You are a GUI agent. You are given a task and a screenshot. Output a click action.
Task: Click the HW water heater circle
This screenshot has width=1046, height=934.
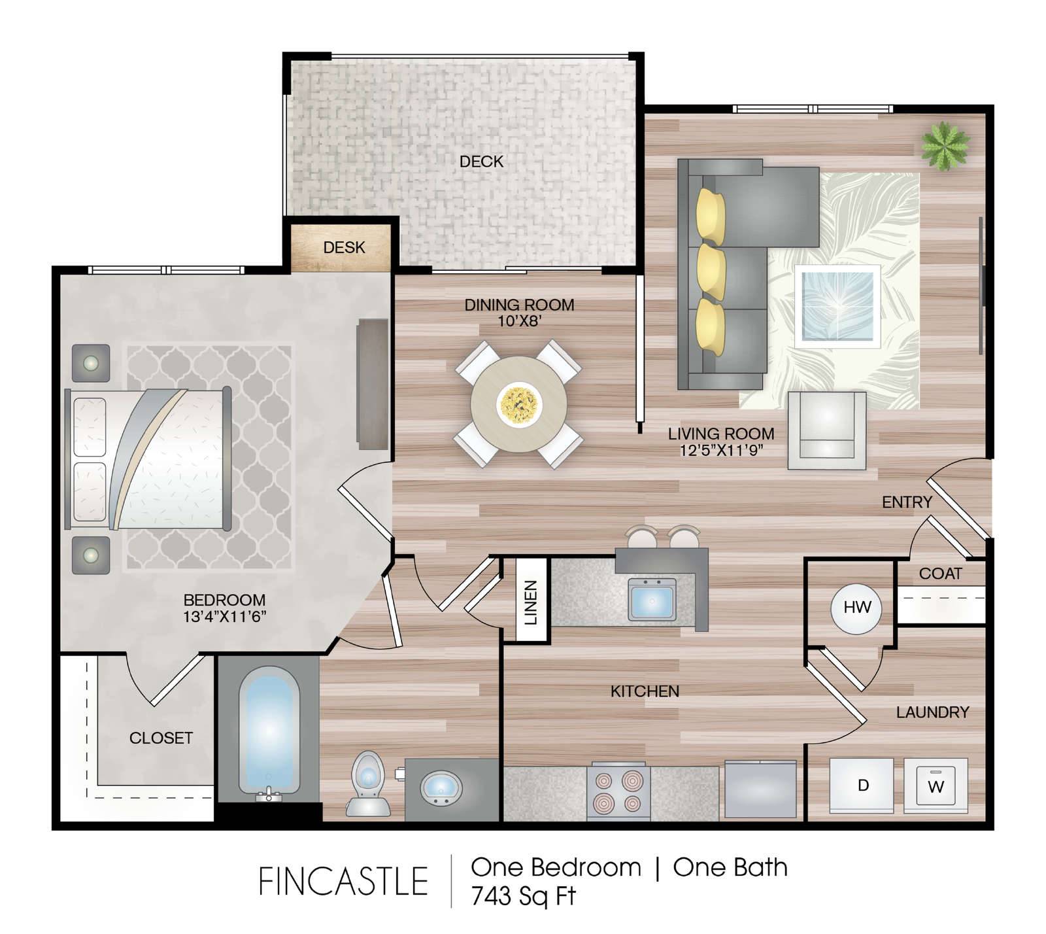(x=856, y=608)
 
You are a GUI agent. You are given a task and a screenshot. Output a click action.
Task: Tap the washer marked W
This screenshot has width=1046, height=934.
(x=936, y=785)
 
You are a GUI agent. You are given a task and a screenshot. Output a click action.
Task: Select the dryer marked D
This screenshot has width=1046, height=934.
(x=862, y=785)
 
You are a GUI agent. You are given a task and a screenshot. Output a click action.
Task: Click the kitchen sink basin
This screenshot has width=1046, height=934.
(x=652, y=598)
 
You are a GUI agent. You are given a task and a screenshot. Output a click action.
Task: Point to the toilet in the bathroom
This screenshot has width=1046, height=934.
(x=367, y=783)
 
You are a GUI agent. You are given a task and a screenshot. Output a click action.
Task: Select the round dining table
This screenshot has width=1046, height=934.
(x=518, y=404)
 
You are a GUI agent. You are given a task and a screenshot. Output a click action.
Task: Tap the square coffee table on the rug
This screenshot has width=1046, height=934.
(x=837, y=307)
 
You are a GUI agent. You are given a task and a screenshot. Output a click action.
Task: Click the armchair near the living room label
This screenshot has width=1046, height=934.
(x=826, y=430)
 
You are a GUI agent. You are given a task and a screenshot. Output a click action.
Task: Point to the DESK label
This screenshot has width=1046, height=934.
(x=344, y=247)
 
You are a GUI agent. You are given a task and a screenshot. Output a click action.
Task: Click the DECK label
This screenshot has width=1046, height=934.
(x=481, y=161)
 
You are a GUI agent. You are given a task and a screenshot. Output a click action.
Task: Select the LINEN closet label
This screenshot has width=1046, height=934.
(x=531, y=602)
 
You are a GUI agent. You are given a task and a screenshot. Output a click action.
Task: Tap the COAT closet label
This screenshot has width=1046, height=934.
(x=940, y=574)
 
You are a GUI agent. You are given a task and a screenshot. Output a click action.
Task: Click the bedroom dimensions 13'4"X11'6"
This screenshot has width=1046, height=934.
(x=225, y=616)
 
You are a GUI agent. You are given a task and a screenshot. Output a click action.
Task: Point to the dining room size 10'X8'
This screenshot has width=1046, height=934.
(x=519, y=321)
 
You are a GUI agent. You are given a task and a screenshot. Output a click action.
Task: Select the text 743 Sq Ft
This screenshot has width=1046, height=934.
(x=523, y=896)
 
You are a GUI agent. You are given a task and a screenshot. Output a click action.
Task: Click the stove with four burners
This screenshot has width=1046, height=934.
(x=618, y=791)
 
